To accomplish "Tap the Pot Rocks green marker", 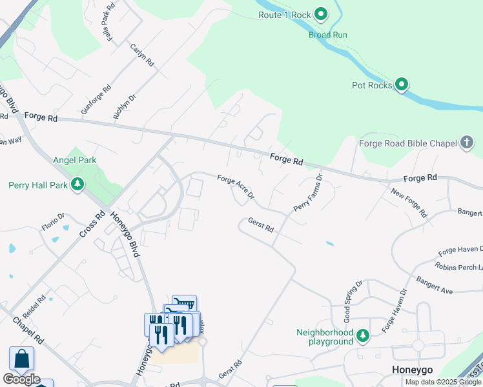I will [402, 84].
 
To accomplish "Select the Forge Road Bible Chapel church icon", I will [468, 144].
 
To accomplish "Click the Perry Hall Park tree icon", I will [77, 185].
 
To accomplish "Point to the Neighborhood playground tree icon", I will [363, 335].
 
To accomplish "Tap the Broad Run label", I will [328, 35].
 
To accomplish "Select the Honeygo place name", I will [411, 370].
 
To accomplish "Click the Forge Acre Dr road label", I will [236, 187].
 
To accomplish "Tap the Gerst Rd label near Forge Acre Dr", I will [261, 225].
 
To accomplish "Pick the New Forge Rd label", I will [409, 202].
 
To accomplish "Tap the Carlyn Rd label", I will [142, 55].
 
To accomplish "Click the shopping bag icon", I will [21, 359].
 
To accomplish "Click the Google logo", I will [21, 379].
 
